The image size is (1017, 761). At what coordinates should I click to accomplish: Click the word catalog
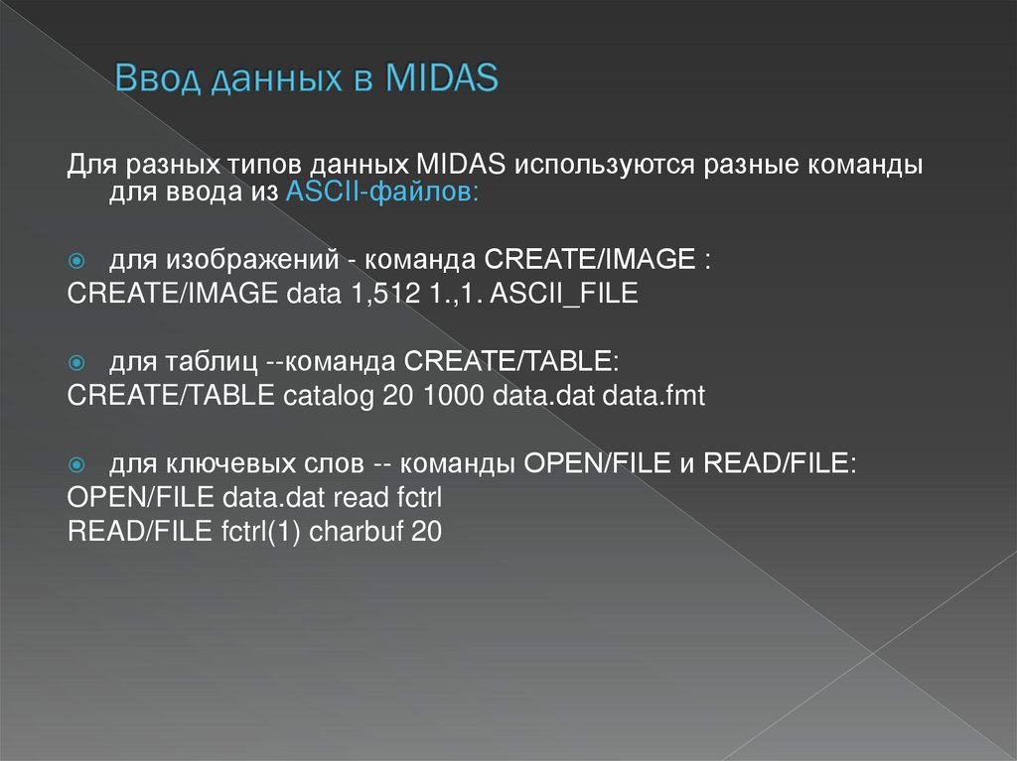(x=329, y=397)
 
